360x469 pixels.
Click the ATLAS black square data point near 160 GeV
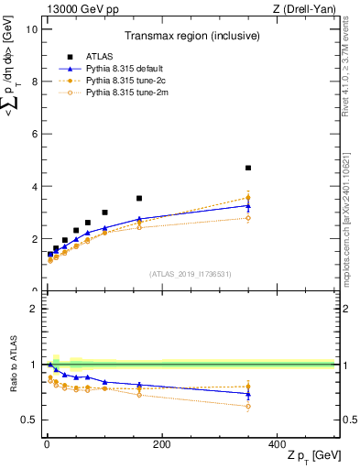tap(139, 198)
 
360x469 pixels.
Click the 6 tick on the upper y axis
tap(35, 134)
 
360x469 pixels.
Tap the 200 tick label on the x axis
tap(161, 444)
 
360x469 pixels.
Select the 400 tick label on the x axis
tap(277, 444)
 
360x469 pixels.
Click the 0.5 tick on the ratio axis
tap(30, 420)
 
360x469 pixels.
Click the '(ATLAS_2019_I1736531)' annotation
tap(190, 275)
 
